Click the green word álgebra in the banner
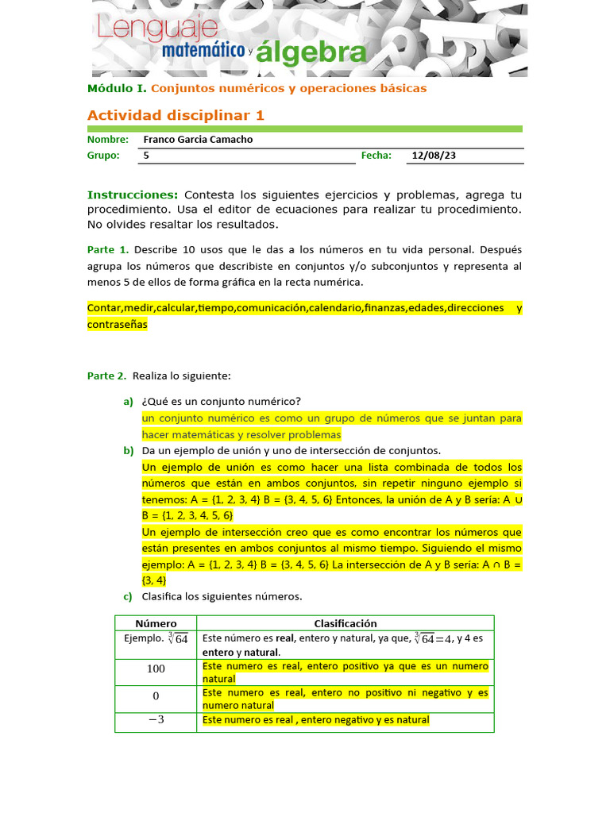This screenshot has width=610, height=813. coord(303,53)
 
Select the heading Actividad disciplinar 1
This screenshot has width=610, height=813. coord(176,115)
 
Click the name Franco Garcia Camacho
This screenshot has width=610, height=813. coord(198,139)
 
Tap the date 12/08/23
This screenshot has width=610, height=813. coord(434,156)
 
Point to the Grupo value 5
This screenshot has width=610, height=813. coord(146,156)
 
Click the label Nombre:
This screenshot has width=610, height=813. coord(107,139)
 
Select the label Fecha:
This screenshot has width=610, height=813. coord(376,156)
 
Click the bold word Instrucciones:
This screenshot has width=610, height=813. coord(133,195)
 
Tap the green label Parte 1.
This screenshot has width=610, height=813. coord(107,249)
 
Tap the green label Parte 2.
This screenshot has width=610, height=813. coord(107,376)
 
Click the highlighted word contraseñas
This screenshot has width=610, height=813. coord(118,325)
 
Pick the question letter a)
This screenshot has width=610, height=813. coord(128,401)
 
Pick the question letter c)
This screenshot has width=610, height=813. coord(128,596)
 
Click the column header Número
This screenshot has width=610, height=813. coord(156,623)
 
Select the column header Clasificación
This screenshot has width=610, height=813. coord(346,623)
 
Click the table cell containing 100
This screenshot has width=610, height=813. coord(156,669)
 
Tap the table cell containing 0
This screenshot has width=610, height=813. coord(156,696)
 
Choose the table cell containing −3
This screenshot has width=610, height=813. coord(156,720)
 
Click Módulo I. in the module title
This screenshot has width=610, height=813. coord(117,88)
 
